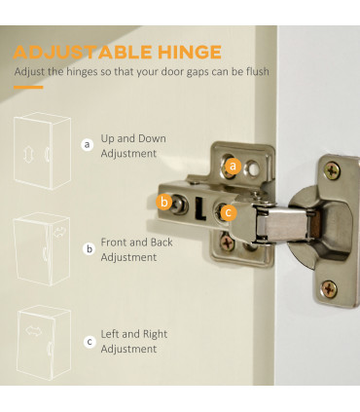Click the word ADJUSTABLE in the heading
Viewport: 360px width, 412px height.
click(x=83, y=53)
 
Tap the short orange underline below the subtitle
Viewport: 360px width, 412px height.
click(x=28, y=87)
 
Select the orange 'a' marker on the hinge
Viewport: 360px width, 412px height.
click(x=233, y=167)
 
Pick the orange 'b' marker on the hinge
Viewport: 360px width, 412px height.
click(x=163, y=202)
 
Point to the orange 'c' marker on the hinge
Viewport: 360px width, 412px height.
click(x=229, y=212)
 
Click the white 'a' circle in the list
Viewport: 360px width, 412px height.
click(x=87, y=144)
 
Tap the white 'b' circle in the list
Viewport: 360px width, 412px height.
click(x=89, y=249)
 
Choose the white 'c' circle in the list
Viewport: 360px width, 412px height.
click(x=90, y=342)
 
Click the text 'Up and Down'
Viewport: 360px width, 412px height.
click(x=133, y=138)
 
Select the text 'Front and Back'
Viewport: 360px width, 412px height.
click(x=136, y=243)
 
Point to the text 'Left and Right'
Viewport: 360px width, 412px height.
click(x=134, y=334)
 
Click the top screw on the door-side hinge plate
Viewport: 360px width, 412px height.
click(x=332, y=170)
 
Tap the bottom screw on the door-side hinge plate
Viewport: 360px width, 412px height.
click(x=329, y=288)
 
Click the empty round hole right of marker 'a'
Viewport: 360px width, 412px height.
click(x=252, y=168)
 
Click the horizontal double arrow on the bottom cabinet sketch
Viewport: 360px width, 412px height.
click(x=33, y=331)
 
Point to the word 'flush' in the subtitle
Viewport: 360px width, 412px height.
click(x=257, y=71)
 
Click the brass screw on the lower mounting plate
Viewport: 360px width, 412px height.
click(x=229, y=243)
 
